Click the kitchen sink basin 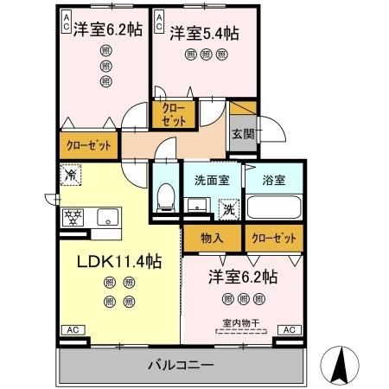[107, 216]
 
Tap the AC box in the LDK [72, 330]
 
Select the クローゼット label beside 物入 [273, 237]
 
